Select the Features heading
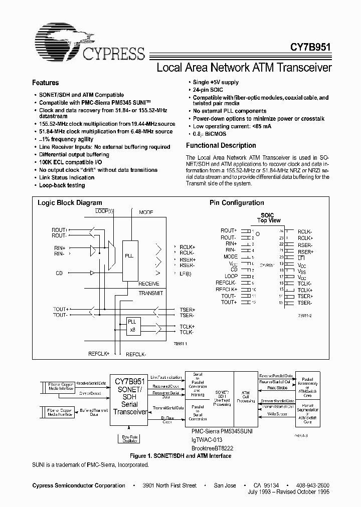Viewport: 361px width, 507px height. (46, 83)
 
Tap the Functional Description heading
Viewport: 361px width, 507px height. (221, 145)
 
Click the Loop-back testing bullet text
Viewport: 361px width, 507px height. (62, 185)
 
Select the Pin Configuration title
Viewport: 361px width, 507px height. (237, 203)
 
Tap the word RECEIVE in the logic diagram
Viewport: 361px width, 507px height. (149, 284)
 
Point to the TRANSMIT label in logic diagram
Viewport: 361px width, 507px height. (151, 293)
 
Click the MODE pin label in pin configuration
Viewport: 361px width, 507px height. (230, 257)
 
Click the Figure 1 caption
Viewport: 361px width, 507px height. (180, 456)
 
